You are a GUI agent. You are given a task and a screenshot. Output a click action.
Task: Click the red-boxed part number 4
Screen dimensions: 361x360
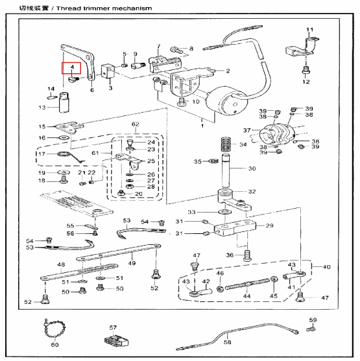point(72,67)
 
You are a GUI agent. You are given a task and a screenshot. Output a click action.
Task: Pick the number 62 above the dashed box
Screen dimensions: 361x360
point(136,123)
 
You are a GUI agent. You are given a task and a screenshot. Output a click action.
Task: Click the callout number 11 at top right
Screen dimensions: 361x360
point(309,30)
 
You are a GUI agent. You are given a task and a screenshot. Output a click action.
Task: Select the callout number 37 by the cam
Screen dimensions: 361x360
point(246,130)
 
